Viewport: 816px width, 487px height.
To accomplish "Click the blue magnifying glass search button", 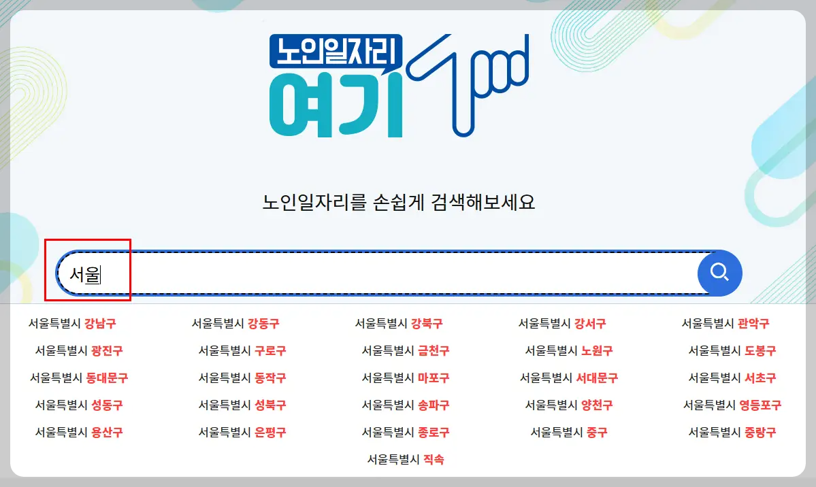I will pyautogui.click(x=719, y=273).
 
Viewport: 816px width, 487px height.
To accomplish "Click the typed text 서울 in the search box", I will pyautogui.click(x=84, y=275).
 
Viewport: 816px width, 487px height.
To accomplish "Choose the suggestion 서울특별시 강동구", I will pyautogui.click(x=235, y=324).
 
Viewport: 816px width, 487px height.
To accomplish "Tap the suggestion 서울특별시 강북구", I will pyautogui.click(x=399, y=324).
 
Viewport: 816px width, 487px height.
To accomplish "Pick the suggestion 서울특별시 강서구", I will pyautogui.click(x=562, y=324).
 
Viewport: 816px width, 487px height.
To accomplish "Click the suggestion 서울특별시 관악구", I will pyautogui.click(x=725, y=324).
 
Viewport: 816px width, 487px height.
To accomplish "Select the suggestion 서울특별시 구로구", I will pyautogui.click(x=242, y=351).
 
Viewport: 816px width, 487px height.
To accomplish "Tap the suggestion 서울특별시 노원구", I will pyautogui.click(x=569, y=351).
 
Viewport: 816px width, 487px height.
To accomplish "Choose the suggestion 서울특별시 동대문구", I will pyautogui.click(x=79, y=377).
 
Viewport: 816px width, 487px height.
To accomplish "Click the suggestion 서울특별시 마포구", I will pyautogui.click(x=406, y=377).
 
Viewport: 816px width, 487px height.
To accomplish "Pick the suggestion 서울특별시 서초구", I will pyautogui.click(x=732, y=377).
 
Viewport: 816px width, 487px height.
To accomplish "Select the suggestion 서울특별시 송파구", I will pyautogui.click(x=406, y=405).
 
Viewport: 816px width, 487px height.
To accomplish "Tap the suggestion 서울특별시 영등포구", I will pyautogui.click(x=732, y=405).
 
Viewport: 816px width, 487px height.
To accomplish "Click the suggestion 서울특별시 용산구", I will pyautogui.click(x=79, y=432).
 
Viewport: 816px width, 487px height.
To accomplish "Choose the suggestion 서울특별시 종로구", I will pyautogui.click(x=406, y=432).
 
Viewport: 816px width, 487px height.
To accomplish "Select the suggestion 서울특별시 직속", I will pyautogui.click(x=406, y=459).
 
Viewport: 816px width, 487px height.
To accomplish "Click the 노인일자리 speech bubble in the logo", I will pyautogui.click(x=336, y=50).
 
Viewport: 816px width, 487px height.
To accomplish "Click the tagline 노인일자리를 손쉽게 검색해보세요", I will pyautogui.click(x=399, y=202).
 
